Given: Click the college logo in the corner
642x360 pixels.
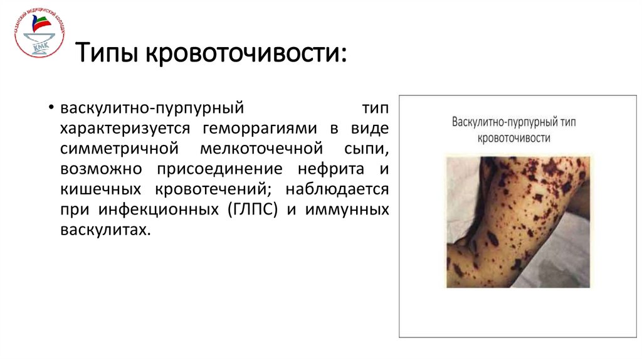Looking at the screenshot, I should (39, 33).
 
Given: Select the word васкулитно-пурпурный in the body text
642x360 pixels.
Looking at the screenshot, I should (151, 109).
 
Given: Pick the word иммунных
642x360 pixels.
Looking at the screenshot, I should (347, 210).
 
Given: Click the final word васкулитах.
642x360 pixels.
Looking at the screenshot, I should (106, 230).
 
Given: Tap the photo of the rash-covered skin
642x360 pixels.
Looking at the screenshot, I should (518, 221).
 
